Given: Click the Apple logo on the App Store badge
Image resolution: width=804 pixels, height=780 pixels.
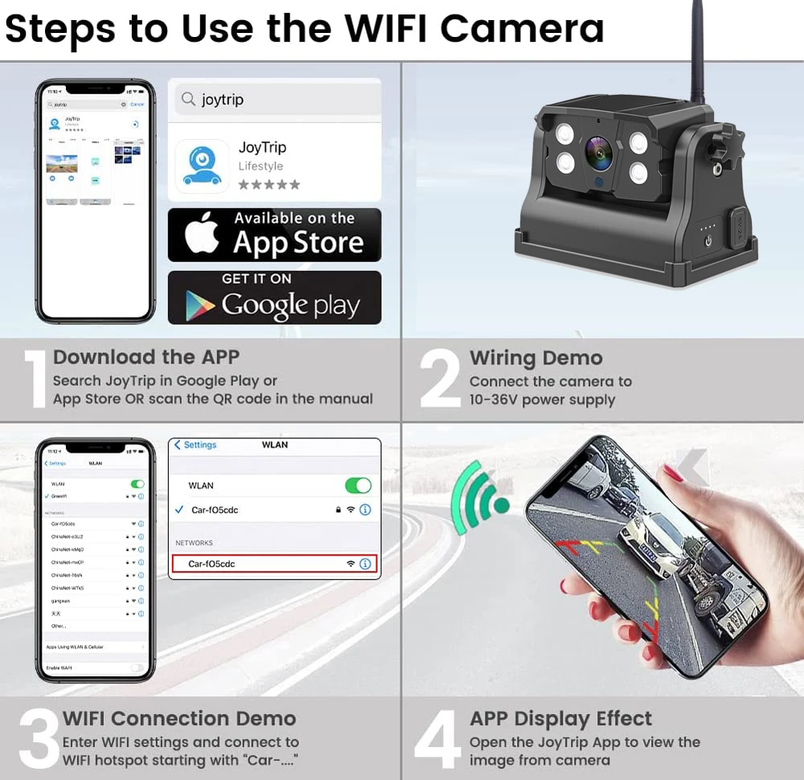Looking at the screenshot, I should (x=201, y=235).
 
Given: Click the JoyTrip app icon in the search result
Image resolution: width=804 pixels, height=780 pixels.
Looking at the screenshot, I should (x=201, y=165).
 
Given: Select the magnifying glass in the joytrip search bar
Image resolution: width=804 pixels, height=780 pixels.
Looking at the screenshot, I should (x=188, y=100).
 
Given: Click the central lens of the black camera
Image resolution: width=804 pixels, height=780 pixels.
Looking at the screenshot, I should (x=598, y=153).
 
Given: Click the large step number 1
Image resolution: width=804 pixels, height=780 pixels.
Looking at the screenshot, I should (x=35, y=378).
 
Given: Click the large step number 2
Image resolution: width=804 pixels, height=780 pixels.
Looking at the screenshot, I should (x=440, y=378).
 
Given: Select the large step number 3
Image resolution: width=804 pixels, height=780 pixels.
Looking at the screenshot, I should (x=39, y=737).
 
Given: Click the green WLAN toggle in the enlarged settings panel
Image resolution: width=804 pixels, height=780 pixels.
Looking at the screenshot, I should (x=358, y=486).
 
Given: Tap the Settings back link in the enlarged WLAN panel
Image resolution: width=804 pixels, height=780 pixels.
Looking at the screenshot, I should (x=195, y=445).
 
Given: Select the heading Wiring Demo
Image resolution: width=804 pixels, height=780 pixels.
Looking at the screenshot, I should (x=535, y=358).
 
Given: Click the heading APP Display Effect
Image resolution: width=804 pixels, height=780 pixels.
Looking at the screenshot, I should (x=560, y=718).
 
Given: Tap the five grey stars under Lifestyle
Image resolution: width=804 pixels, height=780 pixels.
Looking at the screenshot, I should (x=269, y=185).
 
